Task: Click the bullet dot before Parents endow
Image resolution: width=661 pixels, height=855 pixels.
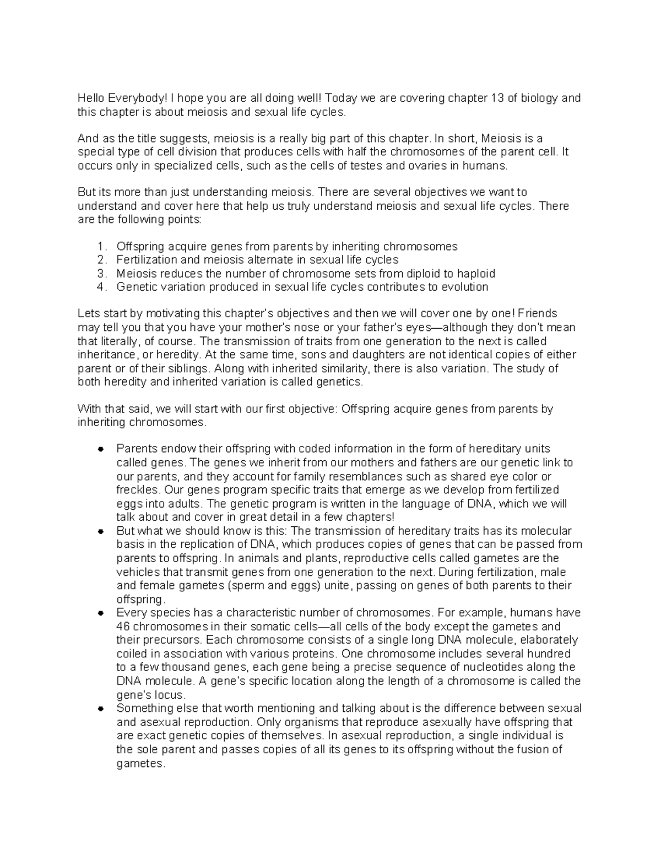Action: point(100,449)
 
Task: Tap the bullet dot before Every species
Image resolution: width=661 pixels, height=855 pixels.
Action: point(100,613)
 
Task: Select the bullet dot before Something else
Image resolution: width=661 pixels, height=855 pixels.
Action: point(100,709)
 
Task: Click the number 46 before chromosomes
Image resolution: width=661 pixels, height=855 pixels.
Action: point(123,627)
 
